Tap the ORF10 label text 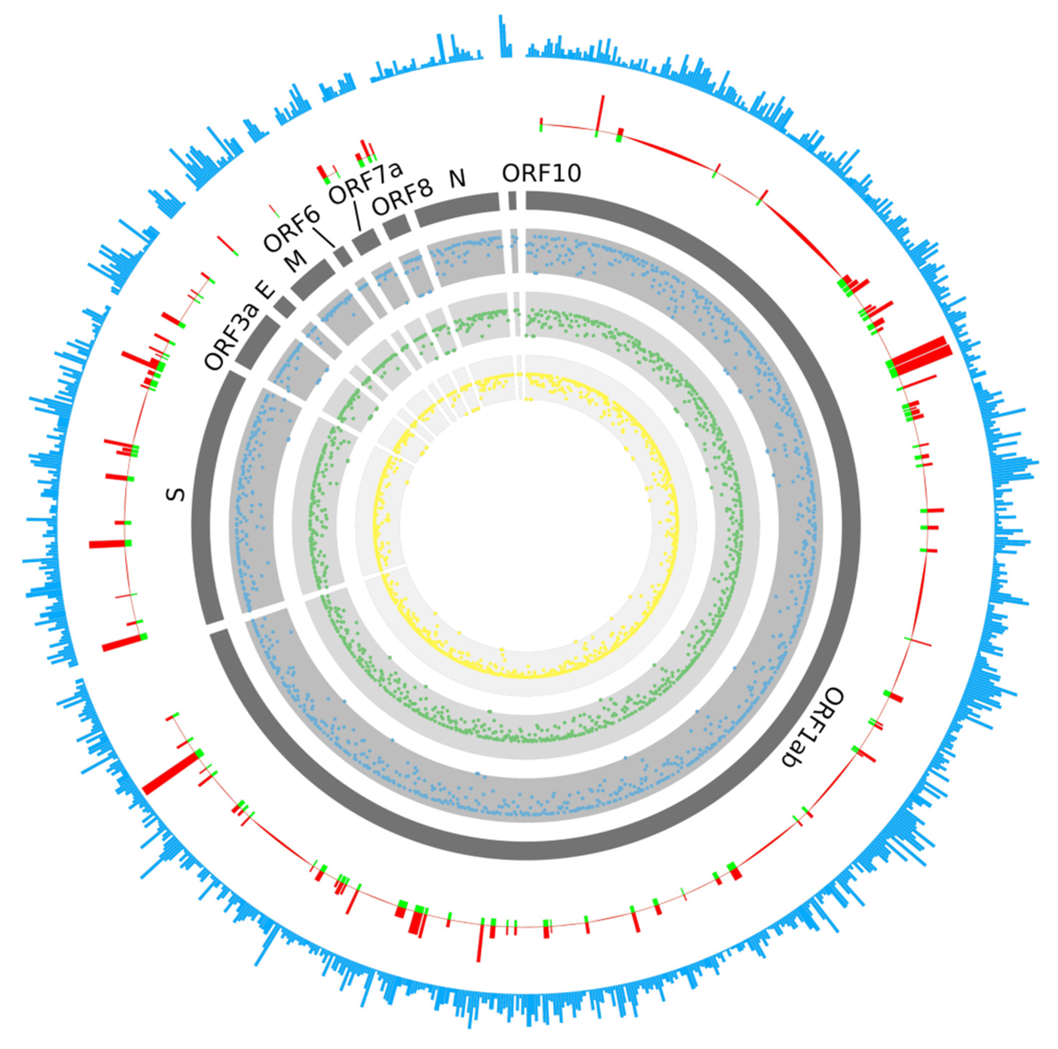541,174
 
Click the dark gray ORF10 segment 512,200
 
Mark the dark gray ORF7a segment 366,242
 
